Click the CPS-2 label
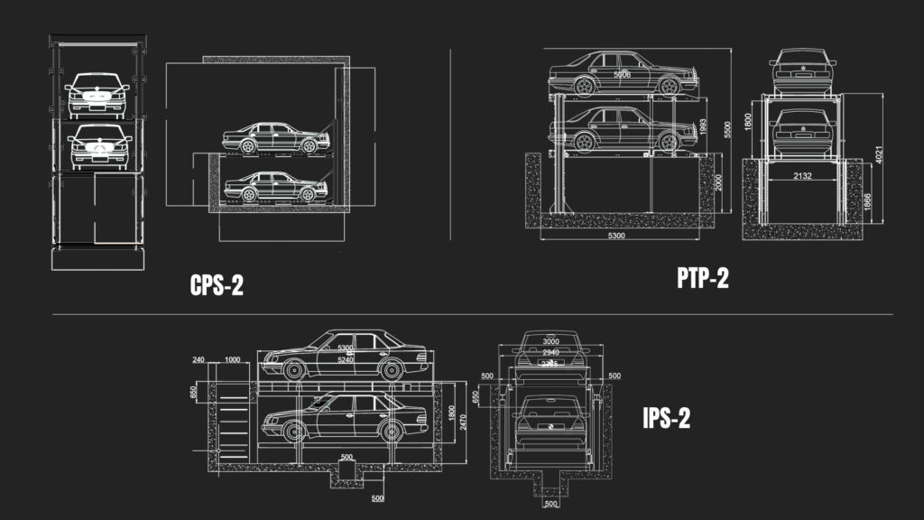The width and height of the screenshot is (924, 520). [x=217, y=285]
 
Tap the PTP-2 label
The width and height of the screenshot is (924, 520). [x=703, y=279]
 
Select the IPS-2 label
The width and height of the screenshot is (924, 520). [x=666, y=419]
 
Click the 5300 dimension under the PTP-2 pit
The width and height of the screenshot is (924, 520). [x=617, y=236]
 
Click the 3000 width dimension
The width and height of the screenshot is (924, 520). [x=551, y=341]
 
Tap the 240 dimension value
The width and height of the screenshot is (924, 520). [x=199, y=359]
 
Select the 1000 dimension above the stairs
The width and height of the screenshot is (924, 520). [x=232, y=359]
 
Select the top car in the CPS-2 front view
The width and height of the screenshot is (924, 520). [x=95, y=91]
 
